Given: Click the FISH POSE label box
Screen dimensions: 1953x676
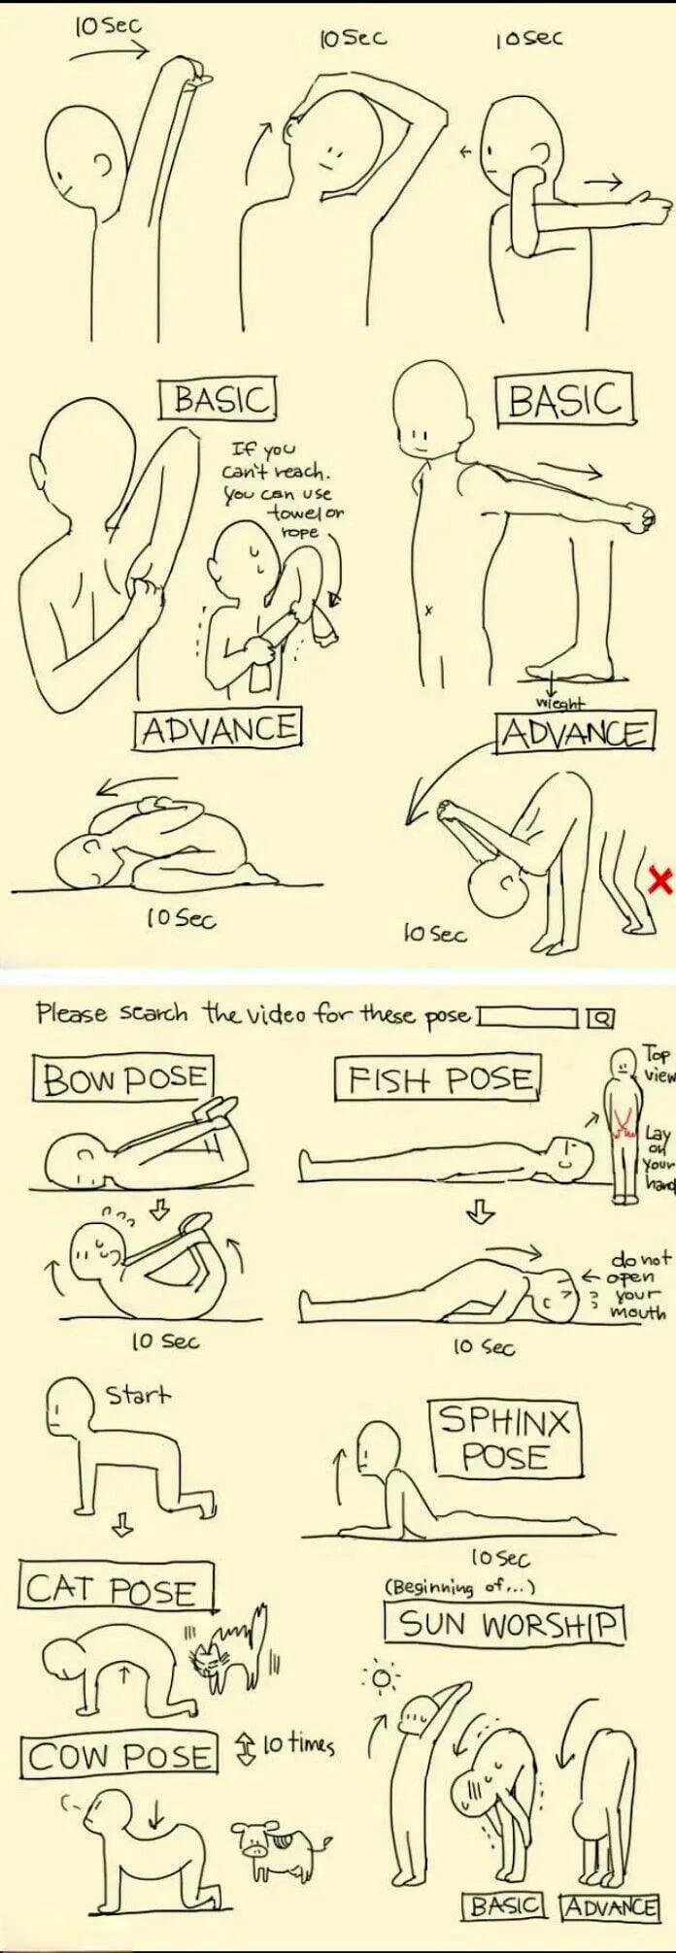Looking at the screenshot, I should (x=440, y=1079).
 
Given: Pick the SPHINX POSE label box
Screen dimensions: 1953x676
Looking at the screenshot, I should (x=505, y=1440).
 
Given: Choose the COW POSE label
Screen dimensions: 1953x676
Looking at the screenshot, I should (x=119, y=1756).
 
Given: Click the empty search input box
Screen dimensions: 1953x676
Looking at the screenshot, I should (x=527, y=1017).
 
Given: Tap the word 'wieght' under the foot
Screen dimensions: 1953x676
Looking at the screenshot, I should (x=561, y=703).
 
